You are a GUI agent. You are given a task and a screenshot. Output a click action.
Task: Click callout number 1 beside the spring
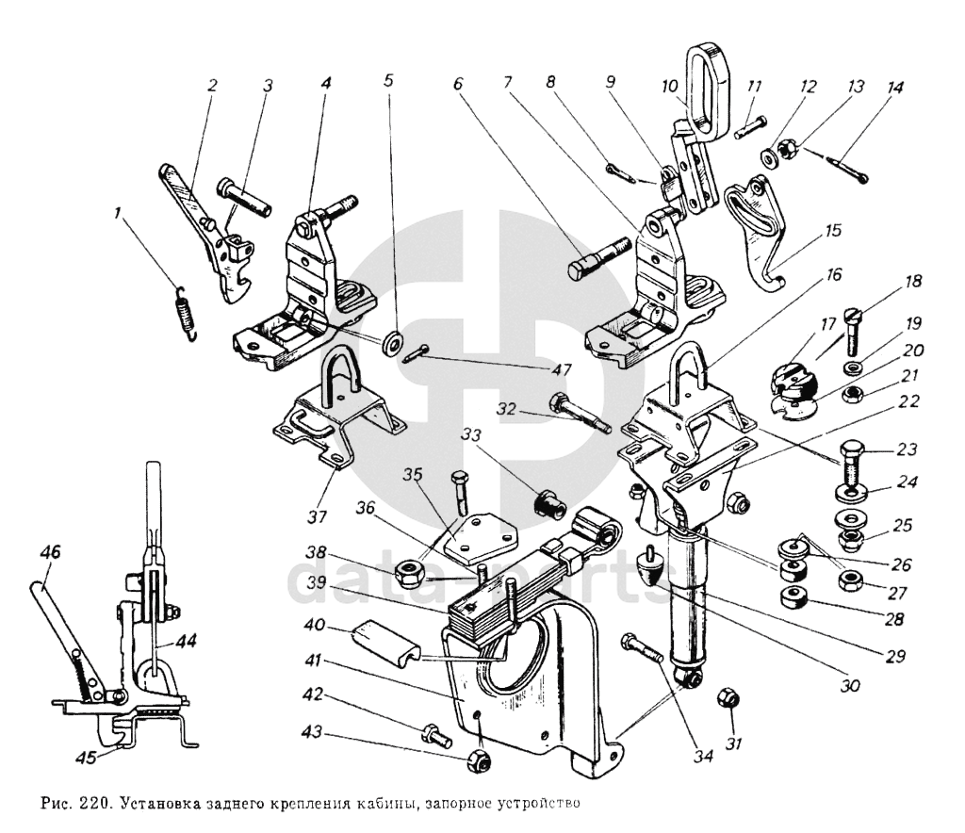pos(118,214)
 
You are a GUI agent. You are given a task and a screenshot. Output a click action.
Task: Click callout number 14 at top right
pos(894,88)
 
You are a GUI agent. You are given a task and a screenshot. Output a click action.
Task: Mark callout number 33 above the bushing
pos(472,435)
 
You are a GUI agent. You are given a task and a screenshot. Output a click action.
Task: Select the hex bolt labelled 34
pos(642,648)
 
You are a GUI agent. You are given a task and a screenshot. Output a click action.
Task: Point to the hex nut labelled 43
pos(477,759)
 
